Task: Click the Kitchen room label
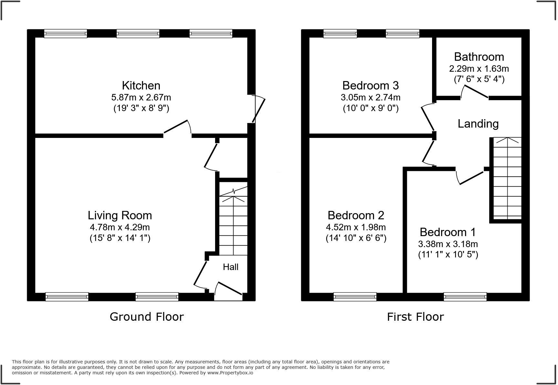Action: click(x=141, y=86)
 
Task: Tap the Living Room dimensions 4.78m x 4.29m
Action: click(x=120, y=227)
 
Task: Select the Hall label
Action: click(x=231, y=267)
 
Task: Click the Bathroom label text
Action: click(x=479, y=57)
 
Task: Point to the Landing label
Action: click(x=478, y=124)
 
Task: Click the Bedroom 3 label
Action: click(x=370, y=86)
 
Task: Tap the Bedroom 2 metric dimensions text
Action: click(x=356, y=227)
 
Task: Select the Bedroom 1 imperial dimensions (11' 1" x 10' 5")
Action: click(x=448, y=255)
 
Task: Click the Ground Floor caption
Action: click(x=147, y=317)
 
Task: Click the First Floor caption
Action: click(x=415, y=317)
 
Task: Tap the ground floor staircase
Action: click(x=233, y=223)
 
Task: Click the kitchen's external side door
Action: click(x=258, y=109)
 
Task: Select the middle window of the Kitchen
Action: click(x=138, y=34)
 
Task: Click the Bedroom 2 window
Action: click(x=355, y=297)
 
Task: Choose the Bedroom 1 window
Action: click(x=465, y=297)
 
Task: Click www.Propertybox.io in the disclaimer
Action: click(x=230, y=373)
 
